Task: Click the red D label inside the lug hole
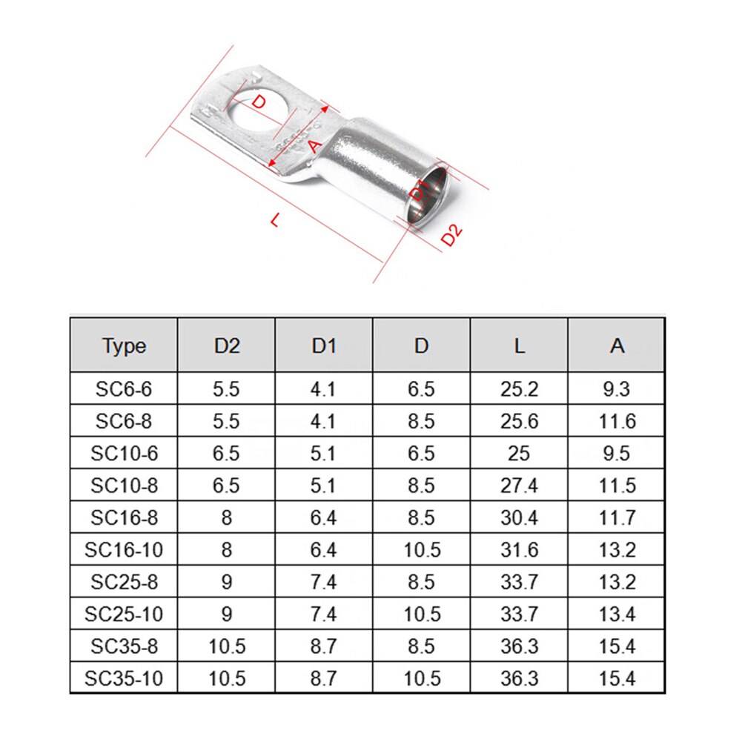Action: [257, 102]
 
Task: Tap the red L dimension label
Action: [276, 219]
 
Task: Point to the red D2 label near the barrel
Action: [451, 235]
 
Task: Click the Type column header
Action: [124, 346]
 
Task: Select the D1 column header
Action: [324, 346]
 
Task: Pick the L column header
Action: [519, 346]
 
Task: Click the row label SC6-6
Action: [124, 388]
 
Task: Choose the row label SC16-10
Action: [124, 550]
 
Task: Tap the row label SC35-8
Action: [124, 646]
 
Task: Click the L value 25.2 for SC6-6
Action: [519, 388]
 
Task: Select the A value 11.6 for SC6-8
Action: [617, 421]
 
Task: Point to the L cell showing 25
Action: [519, 453]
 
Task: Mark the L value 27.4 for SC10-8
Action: [519, 486]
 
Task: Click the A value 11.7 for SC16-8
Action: [617, 517]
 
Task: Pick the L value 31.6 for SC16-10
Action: [519, 550]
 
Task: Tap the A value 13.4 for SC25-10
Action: [617, 614]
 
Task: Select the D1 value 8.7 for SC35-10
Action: [324, 678]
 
